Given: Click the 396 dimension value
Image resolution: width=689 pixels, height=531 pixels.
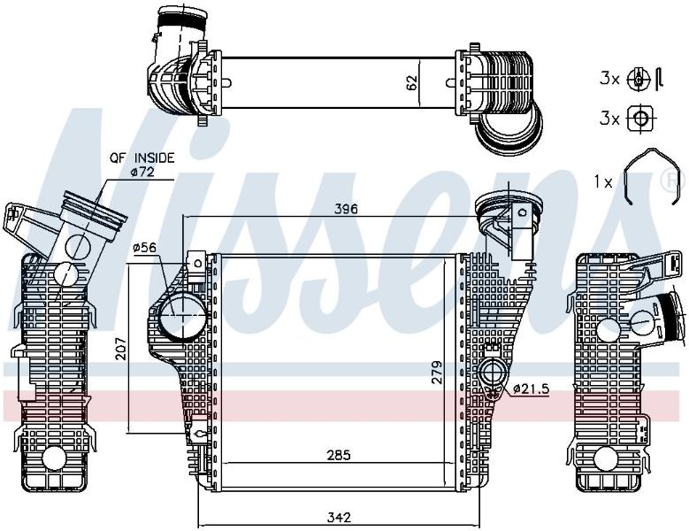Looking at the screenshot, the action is pos(346,209).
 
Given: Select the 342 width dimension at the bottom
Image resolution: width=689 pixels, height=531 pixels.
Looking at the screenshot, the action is pos(340,518).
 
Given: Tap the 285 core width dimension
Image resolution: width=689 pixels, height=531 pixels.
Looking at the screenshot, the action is pos(340,456).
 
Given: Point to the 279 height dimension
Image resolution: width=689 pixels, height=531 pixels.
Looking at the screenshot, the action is pos(436,373).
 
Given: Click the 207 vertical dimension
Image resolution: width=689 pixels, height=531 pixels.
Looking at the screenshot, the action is pos(121,349).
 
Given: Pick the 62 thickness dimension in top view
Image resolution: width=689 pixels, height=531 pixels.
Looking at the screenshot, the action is pos(411,83).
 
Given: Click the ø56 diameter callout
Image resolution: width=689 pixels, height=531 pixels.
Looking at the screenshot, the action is pos(144,248).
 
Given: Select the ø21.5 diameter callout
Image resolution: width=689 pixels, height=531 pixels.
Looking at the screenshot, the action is pos(532,389).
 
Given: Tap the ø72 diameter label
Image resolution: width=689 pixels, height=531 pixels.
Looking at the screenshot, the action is pos(142,172).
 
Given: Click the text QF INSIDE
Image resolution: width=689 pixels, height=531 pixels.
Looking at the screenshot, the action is pos(142,158).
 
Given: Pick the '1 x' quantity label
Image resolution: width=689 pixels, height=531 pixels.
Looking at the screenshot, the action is pos(603,182).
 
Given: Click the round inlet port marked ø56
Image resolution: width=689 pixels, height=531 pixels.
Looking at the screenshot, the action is pos(182,316).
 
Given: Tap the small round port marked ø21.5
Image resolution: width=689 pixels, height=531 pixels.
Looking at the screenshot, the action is pos(494,373).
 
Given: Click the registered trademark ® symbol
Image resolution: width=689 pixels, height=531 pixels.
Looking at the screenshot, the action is pos(678,181).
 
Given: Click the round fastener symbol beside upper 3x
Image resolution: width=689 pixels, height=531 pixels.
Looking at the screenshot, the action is pos(638,79).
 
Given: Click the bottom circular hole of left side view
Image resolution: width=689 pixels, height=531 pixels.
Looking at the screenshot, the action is pos(54,458).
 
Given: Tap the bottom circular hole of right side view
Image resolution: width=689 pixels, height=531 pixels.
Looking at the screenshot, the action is pos(605,460).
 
